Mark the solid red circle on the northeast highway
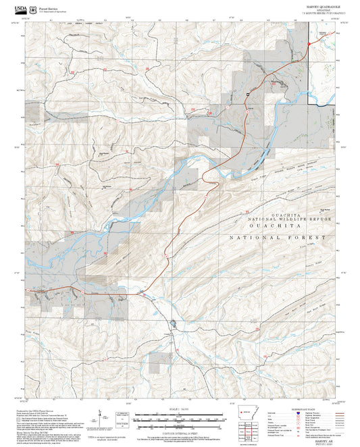click(x=308, y=45)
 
